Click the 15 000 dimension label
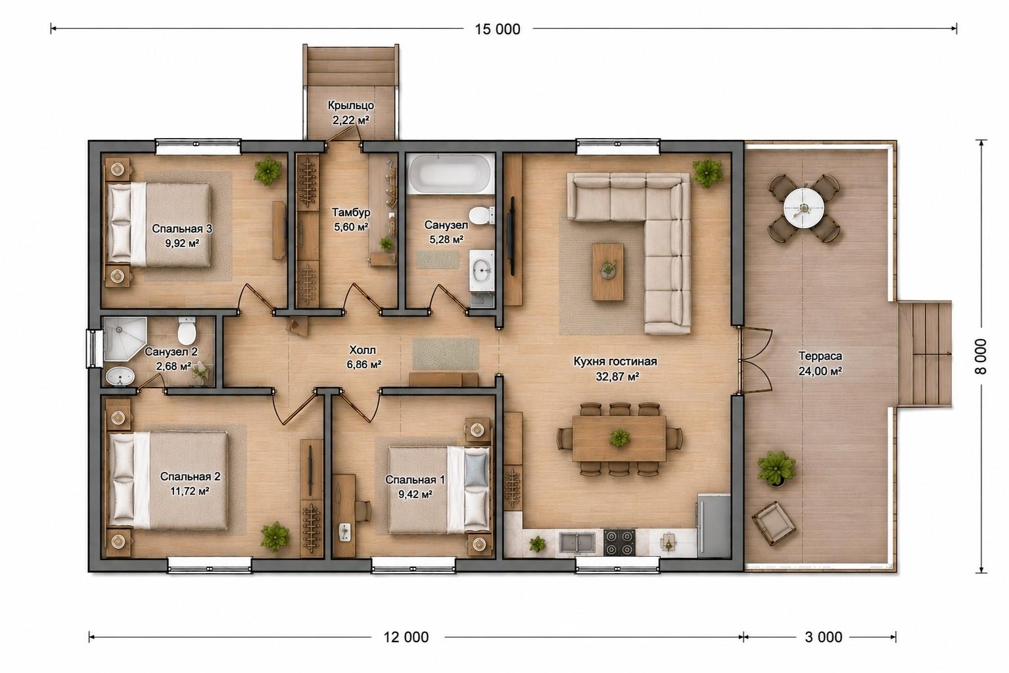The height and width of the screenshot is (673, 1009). click(498, 30)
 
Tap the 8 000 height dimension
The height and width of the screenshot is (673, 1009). click(980, 356)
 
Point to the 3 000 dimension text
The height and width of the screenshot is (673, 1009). click(823, 637)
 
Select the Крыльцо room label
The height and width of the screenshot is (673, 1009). click(351, 105)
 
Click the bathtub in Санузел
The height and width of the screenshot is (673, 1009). click(450, 174)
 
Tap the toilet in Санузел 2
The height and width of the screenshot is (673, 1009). click(187, 331)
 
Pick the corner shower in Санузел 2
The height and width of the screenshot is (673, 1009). click(124, 338)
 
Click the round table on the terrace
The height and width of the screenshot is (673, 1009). click(804, 208)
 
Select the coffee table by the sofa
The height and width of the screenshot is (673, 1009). click(607, 271)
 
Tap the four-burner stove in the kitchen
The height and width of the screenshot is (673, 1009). click(619, 542)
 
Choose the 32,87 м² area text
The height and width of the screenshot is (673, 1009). click(617, 376)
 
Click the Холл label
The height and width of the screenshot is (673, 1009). click(362, 350)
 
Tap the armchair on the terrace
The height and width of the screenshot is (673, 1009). click(773, 523)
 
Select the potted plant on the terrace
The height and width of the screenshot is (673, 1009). click(776, 469)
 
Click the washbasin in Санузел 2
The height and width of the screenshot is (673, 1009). click(120, 377)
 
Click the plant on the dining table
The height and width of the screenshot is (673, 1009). click(619, 438)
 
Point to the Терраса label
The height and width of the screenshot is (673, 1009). click(820, 356)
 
